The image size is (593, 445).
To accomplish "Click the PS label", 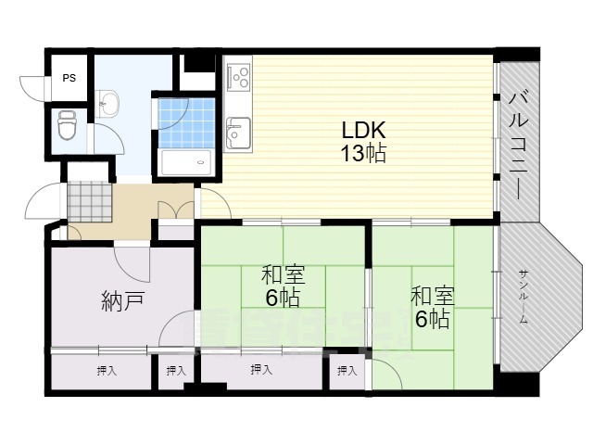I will pos(69,78).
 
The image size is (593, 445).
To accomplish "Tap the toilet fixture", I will pos(68,123).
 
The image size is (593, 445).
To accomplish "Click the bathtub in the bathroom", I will pos(185,163).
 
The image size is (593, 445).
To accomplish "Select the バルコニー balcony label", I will pos(519,144).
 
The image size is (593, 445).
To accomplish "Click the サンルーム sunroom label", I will pos(524,294).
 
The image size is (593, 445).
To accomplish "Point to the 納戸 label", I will pos(122,301).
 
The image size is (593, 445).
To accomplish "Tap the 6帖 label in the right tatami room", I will pos(432,321).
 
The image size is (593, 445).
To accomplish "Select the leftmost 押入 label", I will pos(106,372).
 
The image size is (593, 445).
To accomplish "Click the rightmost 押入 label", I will pos(347,372).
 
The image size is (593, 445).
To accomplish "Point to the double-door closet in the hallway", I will pos(176,210).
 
